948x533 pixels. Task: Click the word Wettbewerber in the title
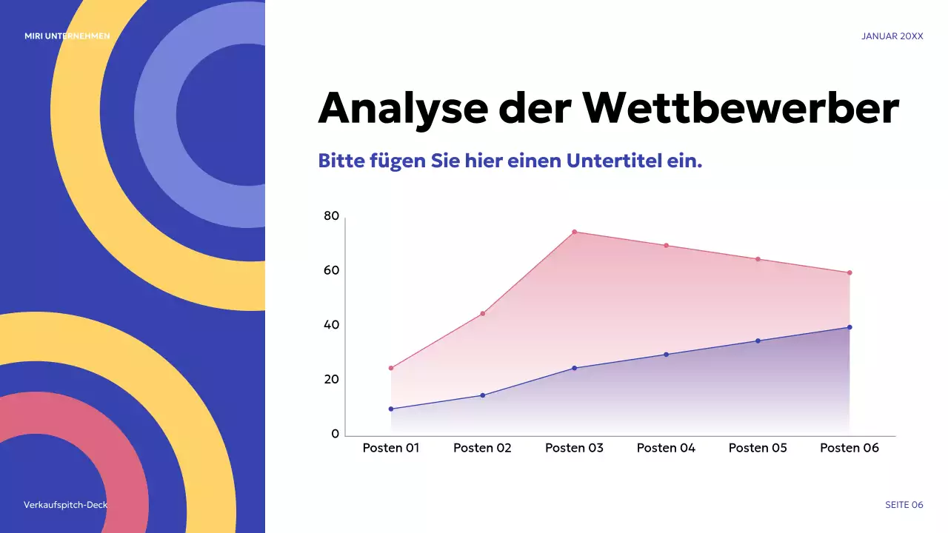click(741, 108)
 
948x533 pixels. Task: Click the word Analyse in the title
click(402, 108)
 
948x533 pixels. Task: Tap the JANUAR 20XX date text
click(892, 36)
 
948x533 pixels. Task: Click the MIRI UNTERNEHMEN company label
click(67, 36)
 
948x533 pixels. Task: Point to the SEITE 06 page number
click(904, 505)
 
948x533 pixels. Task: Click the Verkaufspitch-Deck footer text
click(65, 505)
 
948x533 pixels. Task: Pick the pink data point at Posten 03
click(574, 232)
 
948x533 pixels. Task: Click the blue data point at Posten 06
click(849, 327)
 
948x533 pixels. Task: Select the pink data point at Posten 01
click(391, 368)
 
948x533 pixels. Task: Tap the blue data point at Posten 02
click(483, 395)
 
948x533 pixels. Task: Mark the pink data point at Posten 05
click(758, 259)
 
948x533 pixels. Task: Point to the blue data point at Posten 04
click(666, 355)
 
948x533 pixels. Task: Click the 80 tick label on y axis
click(331, 216)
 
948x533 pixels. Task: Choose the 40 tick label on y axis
click(331, 325)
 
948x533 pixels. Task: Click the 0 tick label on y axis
click(335, 434)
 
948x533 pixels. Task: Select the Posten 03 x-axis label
click(574, 448)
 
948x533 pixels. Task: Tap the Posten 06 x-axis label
click(849, 448)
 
